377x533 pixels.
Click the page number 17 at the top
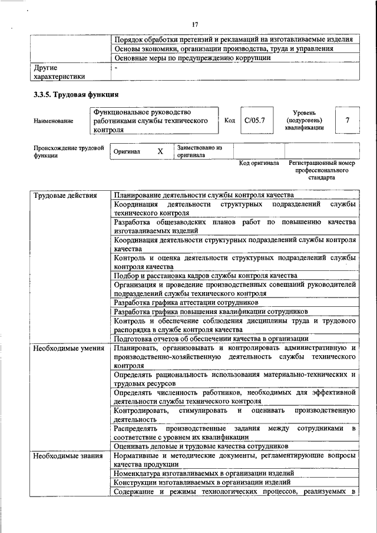195,24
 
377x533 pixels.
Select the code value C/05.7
255,120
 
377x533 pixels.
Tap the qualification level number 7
348,120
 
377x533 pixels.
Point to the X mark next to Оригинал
160,151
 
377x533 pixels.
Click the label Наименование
54,121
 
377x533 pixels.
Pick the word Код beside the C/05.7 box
230,120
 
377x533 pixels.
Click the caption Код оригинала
259,163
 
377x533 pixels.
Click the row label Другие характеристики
59,72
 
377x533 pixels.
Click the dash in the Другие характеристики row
117,68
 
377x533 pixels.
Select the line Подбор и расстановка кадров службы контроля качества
206,275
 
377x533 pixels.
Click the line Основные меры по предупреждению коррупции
193,58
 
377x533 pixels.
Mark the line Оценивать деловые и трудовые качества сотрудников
201,446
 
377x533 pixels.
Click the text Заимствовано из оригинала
199,151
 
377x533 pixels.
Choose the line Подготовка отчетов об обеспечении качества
211,339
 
